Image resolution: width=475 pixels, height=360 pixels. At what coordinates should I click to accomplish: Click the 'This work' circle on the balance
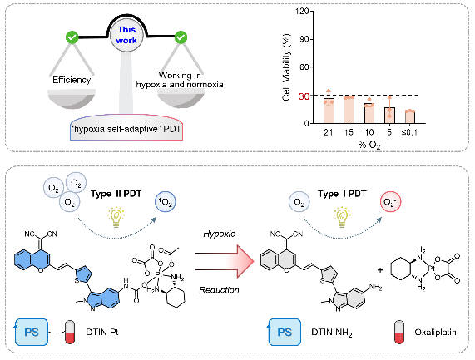coord(126,36)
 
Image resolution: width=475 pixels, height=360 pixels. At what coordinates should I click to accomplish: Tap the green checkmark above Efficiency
coord(72,37)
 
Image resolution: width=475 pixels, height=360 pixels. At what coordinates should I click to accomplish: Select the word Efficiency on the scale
coord(72,80)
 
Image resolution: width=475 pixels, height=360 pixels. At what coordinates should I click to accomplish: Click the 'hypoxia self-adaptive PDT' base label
coord(126,129)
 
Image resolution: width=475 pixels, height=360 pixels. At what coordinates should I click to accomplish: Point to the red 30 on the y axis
coord(304,96)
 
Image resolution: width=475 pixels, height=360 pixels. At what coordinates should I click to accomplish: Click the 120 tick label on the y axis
coord(303,11)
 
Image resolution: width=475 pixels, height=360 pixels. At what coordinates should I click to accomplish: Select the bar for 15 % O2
coord(349,111)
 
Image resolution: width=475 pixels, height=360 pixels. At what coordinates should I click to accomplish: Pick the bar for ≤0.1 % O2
coord(410,117)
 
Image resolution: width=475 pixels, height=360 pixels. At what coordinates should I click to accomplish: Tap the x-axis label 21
coord(328,132)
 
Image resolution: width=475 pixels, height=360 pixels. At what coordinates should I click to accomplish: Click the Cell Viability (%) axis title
coord(286,67)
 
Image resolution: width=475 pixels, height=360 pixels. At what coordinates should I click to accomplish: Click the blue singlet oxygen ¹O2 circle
coord(166,202)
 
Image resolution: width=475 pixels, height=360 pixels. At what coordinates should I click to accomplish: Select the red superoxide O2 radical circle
coord(391,202)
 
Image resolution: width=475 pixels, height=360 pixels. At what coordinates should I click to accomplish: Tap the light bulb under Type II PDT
coord(116,217)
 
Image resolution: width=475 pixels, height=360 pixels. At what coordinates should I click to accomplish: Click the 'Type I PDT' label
coord(342,194)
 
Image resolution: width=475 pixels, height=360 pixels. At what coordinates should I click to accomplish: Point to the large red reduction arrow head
coord(245,261)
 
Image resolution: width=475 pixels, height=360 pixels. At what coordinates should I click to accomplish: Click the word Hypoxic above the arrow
coord(219,234)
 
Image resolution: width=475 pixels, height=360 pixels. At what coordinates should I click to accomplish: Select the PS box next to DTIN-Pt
coord(32,332)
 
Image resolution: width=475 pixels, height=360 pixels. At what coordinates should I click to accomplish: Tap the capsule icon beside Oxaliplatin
coord(399,332)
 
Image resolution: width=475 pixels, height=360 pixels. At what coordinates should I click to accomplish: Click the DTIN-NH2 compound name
coord(332,333)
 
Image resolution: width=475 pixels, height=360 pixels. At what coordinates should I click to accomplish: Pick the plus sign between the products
coord(380,269)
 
